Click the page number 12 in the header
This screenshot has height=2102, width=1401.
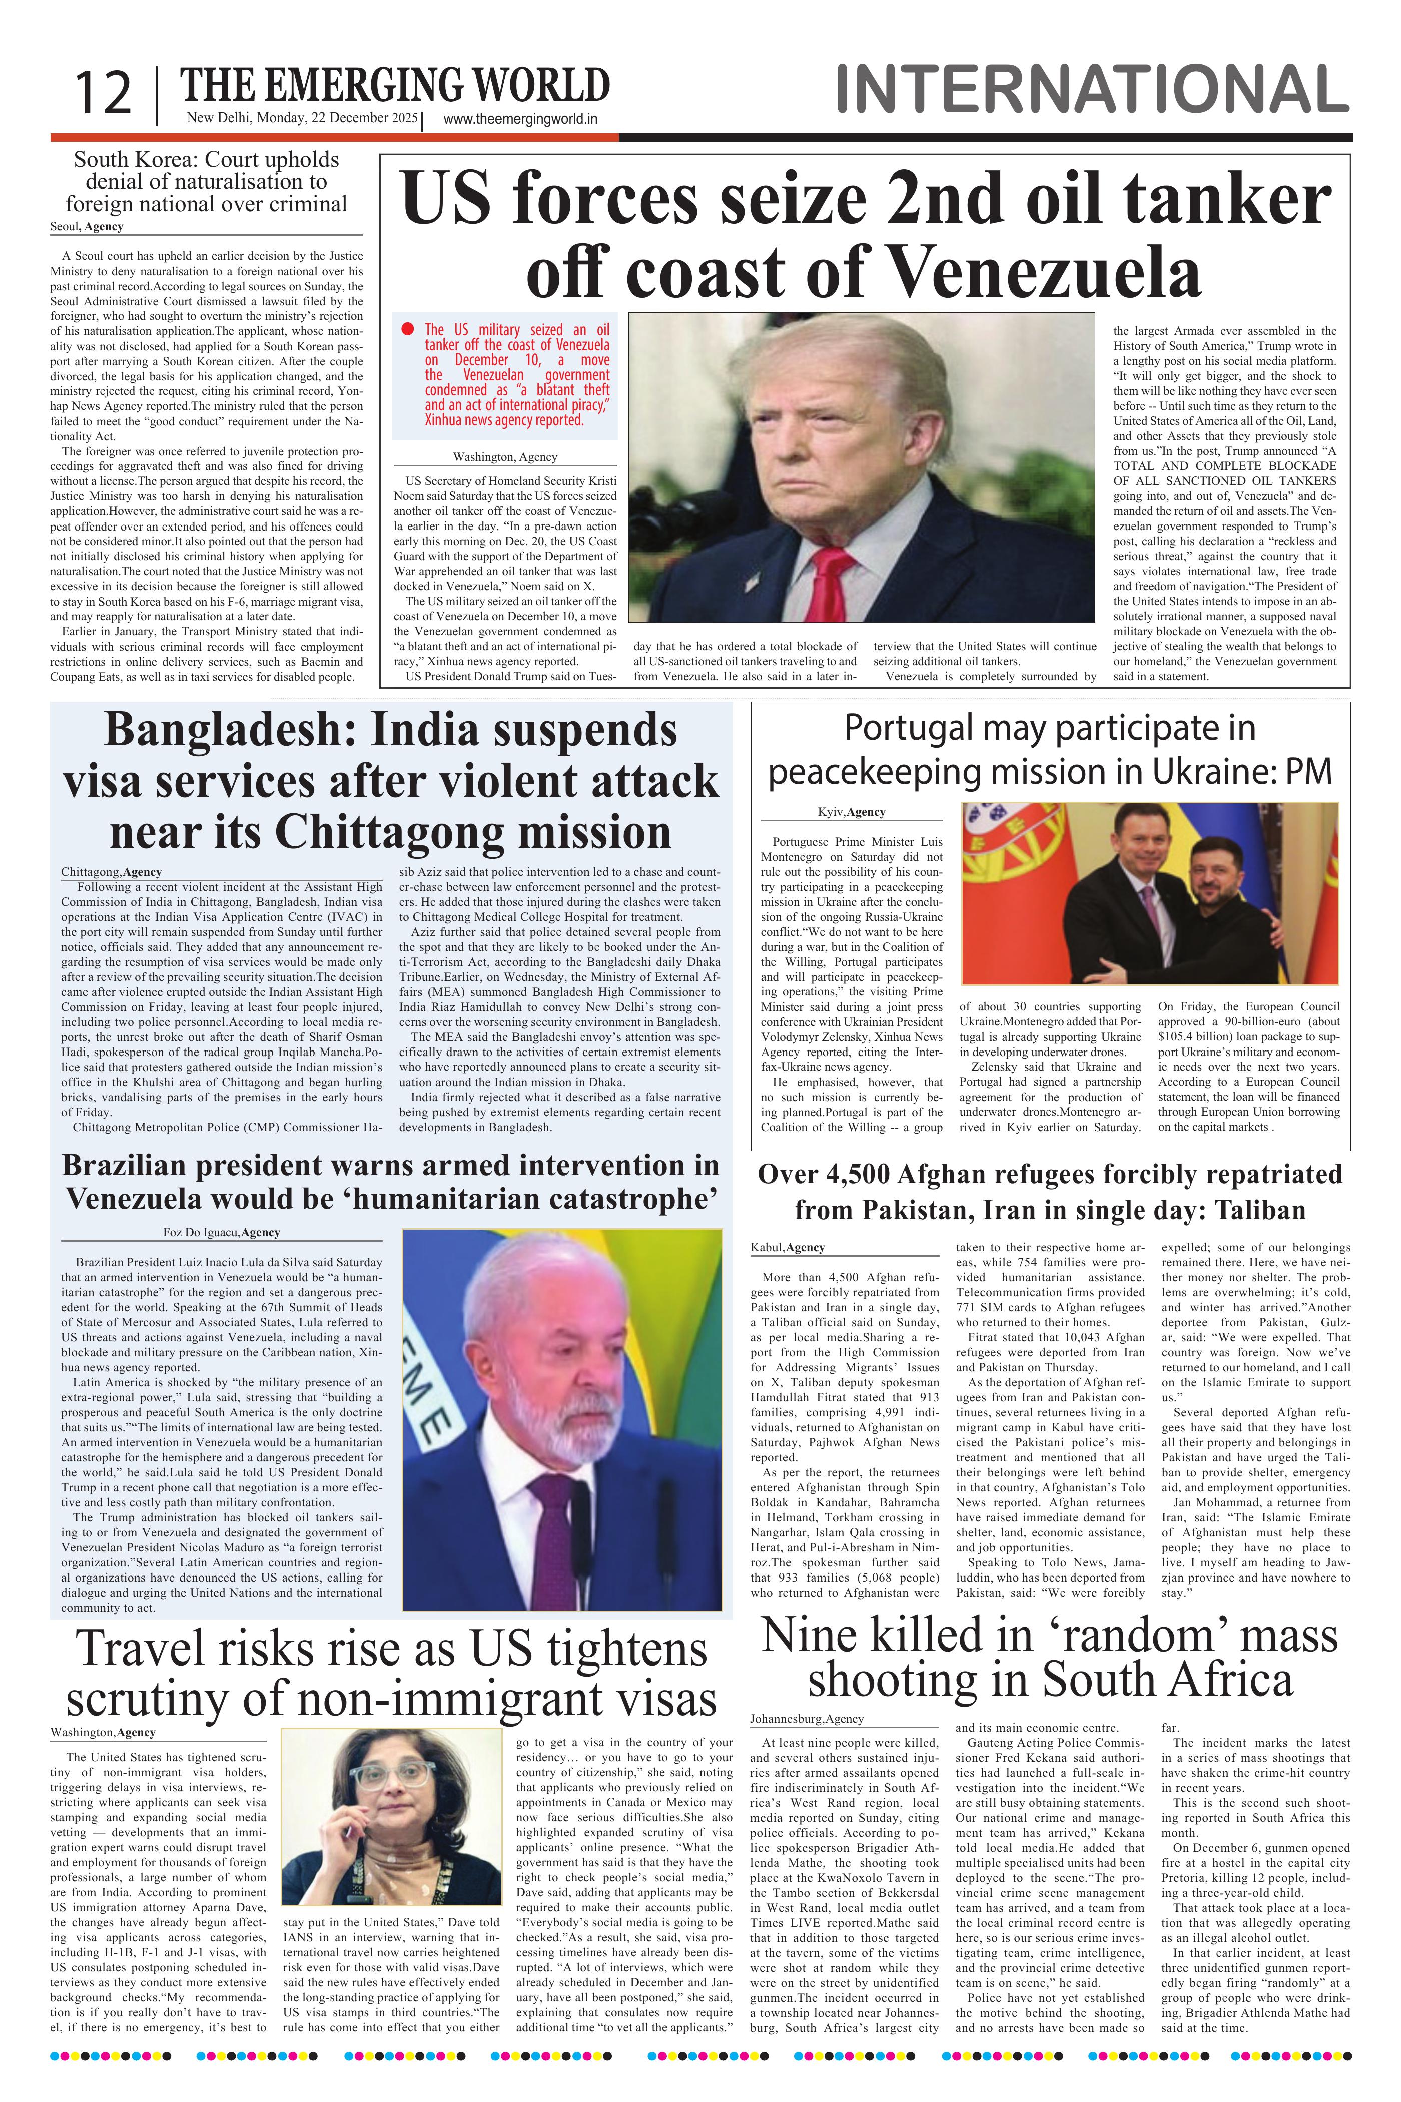(102, 93)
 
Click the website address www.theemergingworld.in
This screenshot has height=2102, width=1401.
(520, 119)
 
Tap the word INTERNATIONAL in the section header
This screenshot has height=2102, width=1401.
(1092, 90)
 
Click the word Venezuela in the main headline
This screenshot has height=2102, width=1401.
(1045, 272)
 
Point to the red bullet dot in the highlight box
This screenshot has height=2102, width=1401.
(408, 329)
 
